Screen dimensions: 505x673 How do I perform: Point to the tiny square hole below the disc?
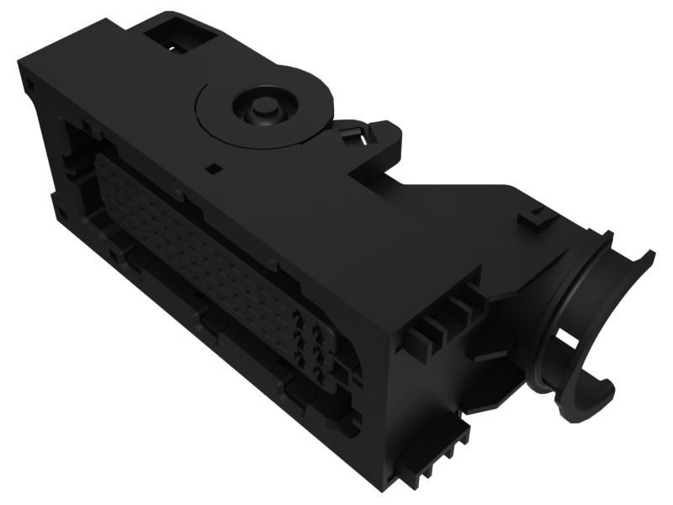click(x=214, y=167)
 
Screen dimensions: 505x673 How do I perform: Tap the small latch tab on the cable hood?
click(x=533, y=221)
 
